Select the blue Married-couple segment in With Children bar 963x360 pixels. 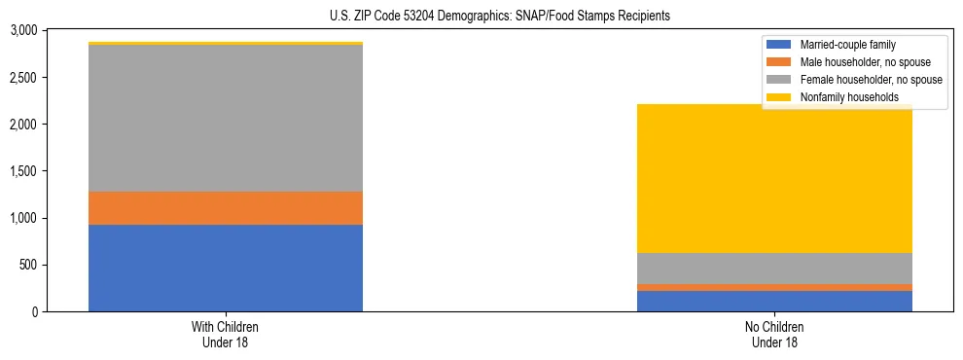[226, 268]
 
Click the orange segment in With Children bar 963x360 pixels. [226, 208]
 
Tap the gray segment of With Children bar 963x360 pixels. [226, 118]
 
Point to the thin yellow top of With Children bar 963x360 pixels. [226, 44]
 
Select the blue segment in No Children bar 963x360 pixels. [774, 301]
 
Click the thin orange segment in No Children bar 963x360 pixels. [774, 287]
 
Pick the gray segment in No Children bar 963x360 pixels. [774, 269]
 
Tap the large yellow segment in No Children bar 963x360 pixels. [774, 179]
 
